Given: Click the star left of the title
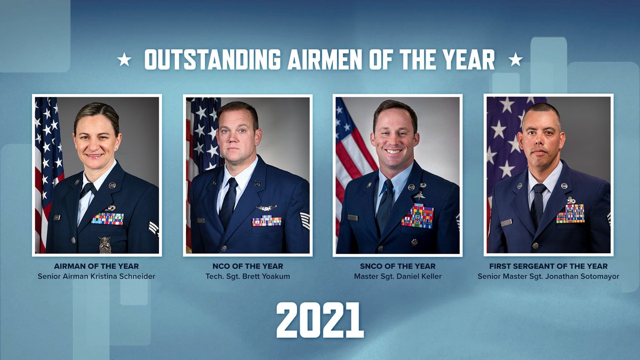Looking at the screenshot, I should click(x=124, y=60).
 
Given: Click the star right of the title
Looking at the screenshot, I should click(x=515, y=60).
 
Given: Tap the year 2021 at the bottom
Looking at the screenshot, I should click(x=320, y=320).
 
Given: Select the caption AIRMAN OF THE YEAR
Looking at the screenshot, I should click(x=97, y=266).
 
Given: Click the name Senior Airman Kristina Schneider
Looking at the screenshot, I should click(x=97, y=276).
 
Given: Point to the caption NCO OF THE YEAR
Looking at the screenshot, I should click(x=247, y=266).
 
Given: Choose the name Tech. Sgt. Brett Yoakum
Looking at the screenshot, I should click(x=247, y=276).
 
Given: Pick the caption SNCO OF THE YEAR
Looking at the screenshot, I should click(x=398, y=266).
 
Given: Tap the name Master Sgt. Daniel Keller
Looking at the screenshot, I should click(x=398, y=276).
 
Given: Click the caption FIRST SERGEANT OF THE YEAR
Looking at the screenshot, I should click(x=548, y=266).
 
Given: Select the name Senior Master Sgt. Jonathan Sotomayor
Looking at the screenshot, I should click(x=548, y=276).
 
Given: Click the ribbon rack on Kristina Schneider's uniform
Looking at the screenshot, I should click(x=107, y=218).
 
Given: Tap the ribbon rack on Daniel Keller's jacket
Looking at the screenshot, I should click(x=418, y=215).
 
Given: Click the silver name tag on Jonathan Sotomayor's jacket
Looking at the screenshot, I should click(x=506, y=222).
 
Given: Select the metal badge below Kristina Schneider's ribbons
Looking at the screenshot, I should click(x=105, y=244).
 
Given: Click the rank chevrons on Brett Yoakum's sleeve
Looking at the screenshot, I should click(x=305, y=220).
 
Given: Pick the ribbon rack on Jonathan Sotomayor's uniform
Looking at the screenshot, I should click(x=570, y=213).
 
